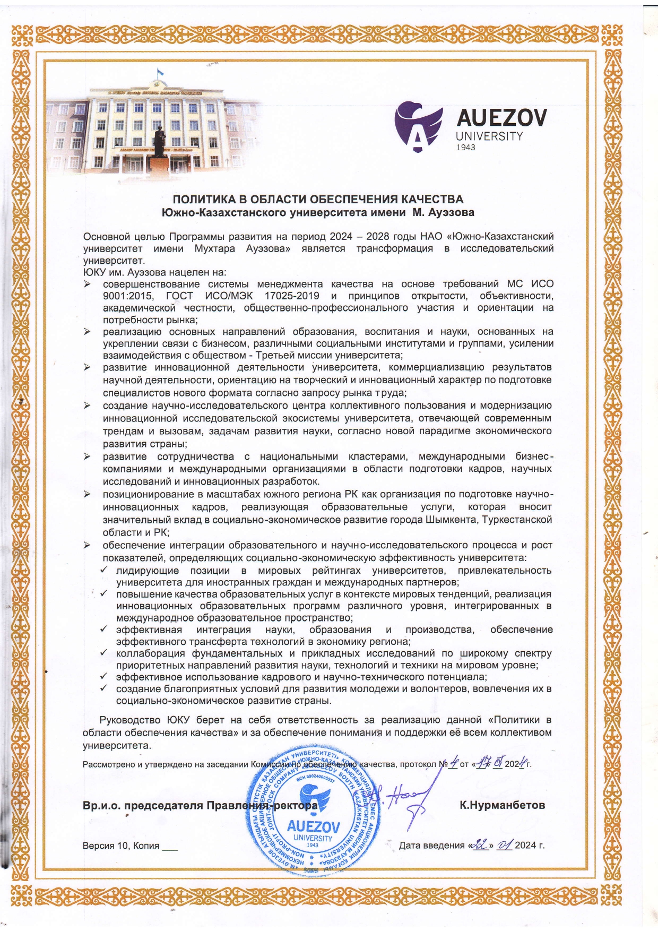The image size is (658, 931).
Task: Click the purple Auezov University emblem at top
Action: (419, 126)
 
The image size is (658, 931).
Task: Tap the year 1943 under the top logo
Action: (465, 147)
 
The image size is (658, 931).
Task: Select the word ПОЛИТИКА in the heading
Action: (204, 200)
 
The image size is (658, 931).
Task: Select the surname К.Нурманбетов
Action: (502, 805)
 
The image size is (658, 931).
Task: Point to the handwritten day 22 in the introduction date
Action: (481, 845)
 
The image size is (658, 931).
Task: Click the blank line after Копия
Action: (170, 847)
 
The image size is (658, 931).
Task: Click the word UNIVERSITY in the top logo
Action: (489, 136)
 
